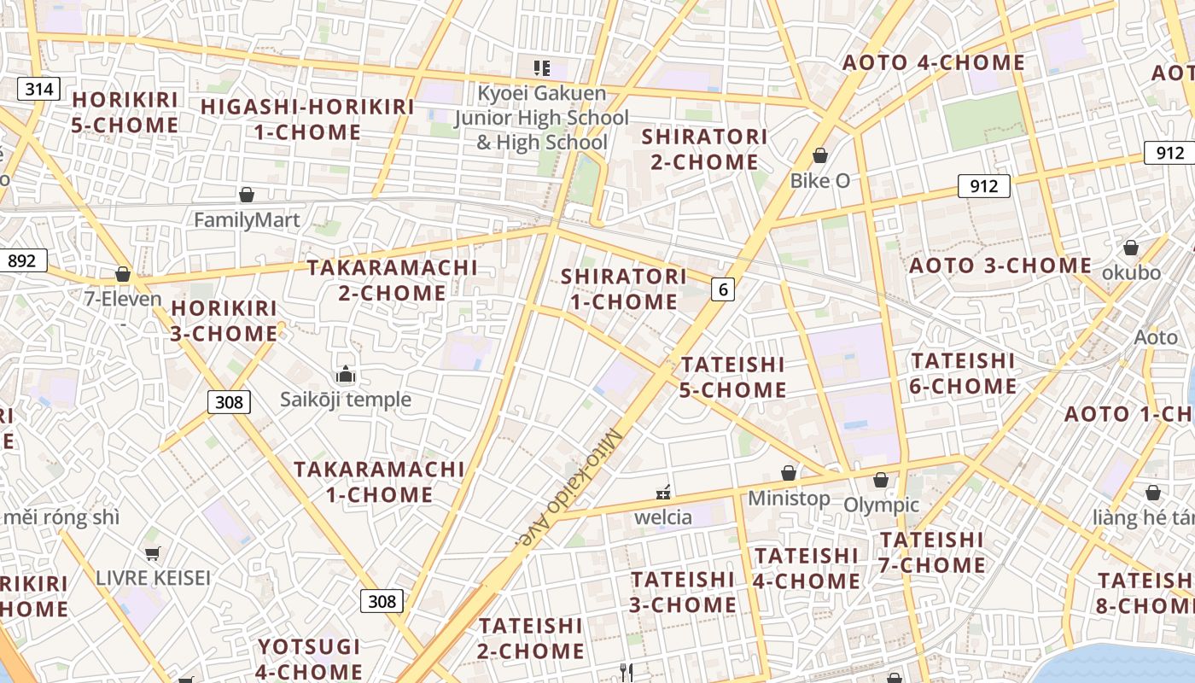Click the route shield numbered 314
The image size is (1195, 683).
[39, 89]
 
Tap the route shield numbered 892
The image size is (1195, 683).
[22, 260]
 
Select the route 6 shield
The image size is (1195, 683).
[723, 289]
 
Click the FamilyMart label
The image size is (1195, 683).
[247, 220]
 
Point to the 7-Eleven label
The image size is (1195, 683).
[123, 299]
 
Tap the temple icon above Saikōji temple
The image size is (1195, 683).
[345, 374]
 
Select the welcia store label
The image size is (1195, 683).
[663, 517]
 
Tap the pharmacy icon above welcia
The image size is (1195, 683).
[663, 493]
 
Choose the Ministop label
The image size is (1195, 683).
[789, 498]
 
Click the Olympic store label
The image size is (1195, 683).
[881, 505]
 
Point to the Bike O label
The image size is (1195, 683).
[819, 180]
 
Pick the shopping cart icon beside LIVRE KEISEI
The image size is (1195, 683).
[152, 553]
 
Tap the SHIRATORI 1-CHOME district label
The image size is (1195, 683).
[623, 289]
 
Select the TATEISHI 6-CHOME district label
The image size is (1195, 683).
[963, 373]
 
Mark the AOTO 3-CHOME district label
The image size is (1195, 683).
[1000, 266]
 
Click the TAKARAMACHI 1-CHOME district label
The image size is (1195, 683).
[379, 482]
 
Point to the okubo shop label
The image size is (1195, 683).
[1131, 272]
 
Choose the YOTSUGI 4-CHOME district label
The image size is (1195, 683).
[310, 658]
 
